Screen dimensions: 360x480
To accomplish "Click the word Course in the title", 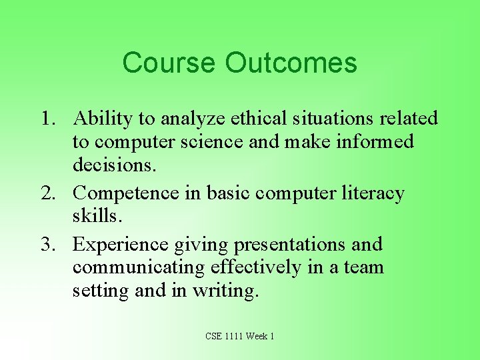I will (169, 63).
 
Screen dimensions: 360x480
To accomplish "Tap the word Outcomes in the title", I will (291, 63).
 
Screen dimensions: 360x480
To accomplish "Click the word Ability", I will (103, 119).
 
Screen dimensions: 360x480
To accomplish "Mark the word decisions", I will (114, 165).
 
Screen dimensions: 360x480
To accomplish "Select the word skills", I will (97, 216).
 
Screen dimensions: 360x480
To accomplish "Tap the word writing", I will (224, 291).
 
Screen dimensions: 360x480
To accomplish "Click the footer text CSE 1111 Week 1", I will (240, 336).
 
